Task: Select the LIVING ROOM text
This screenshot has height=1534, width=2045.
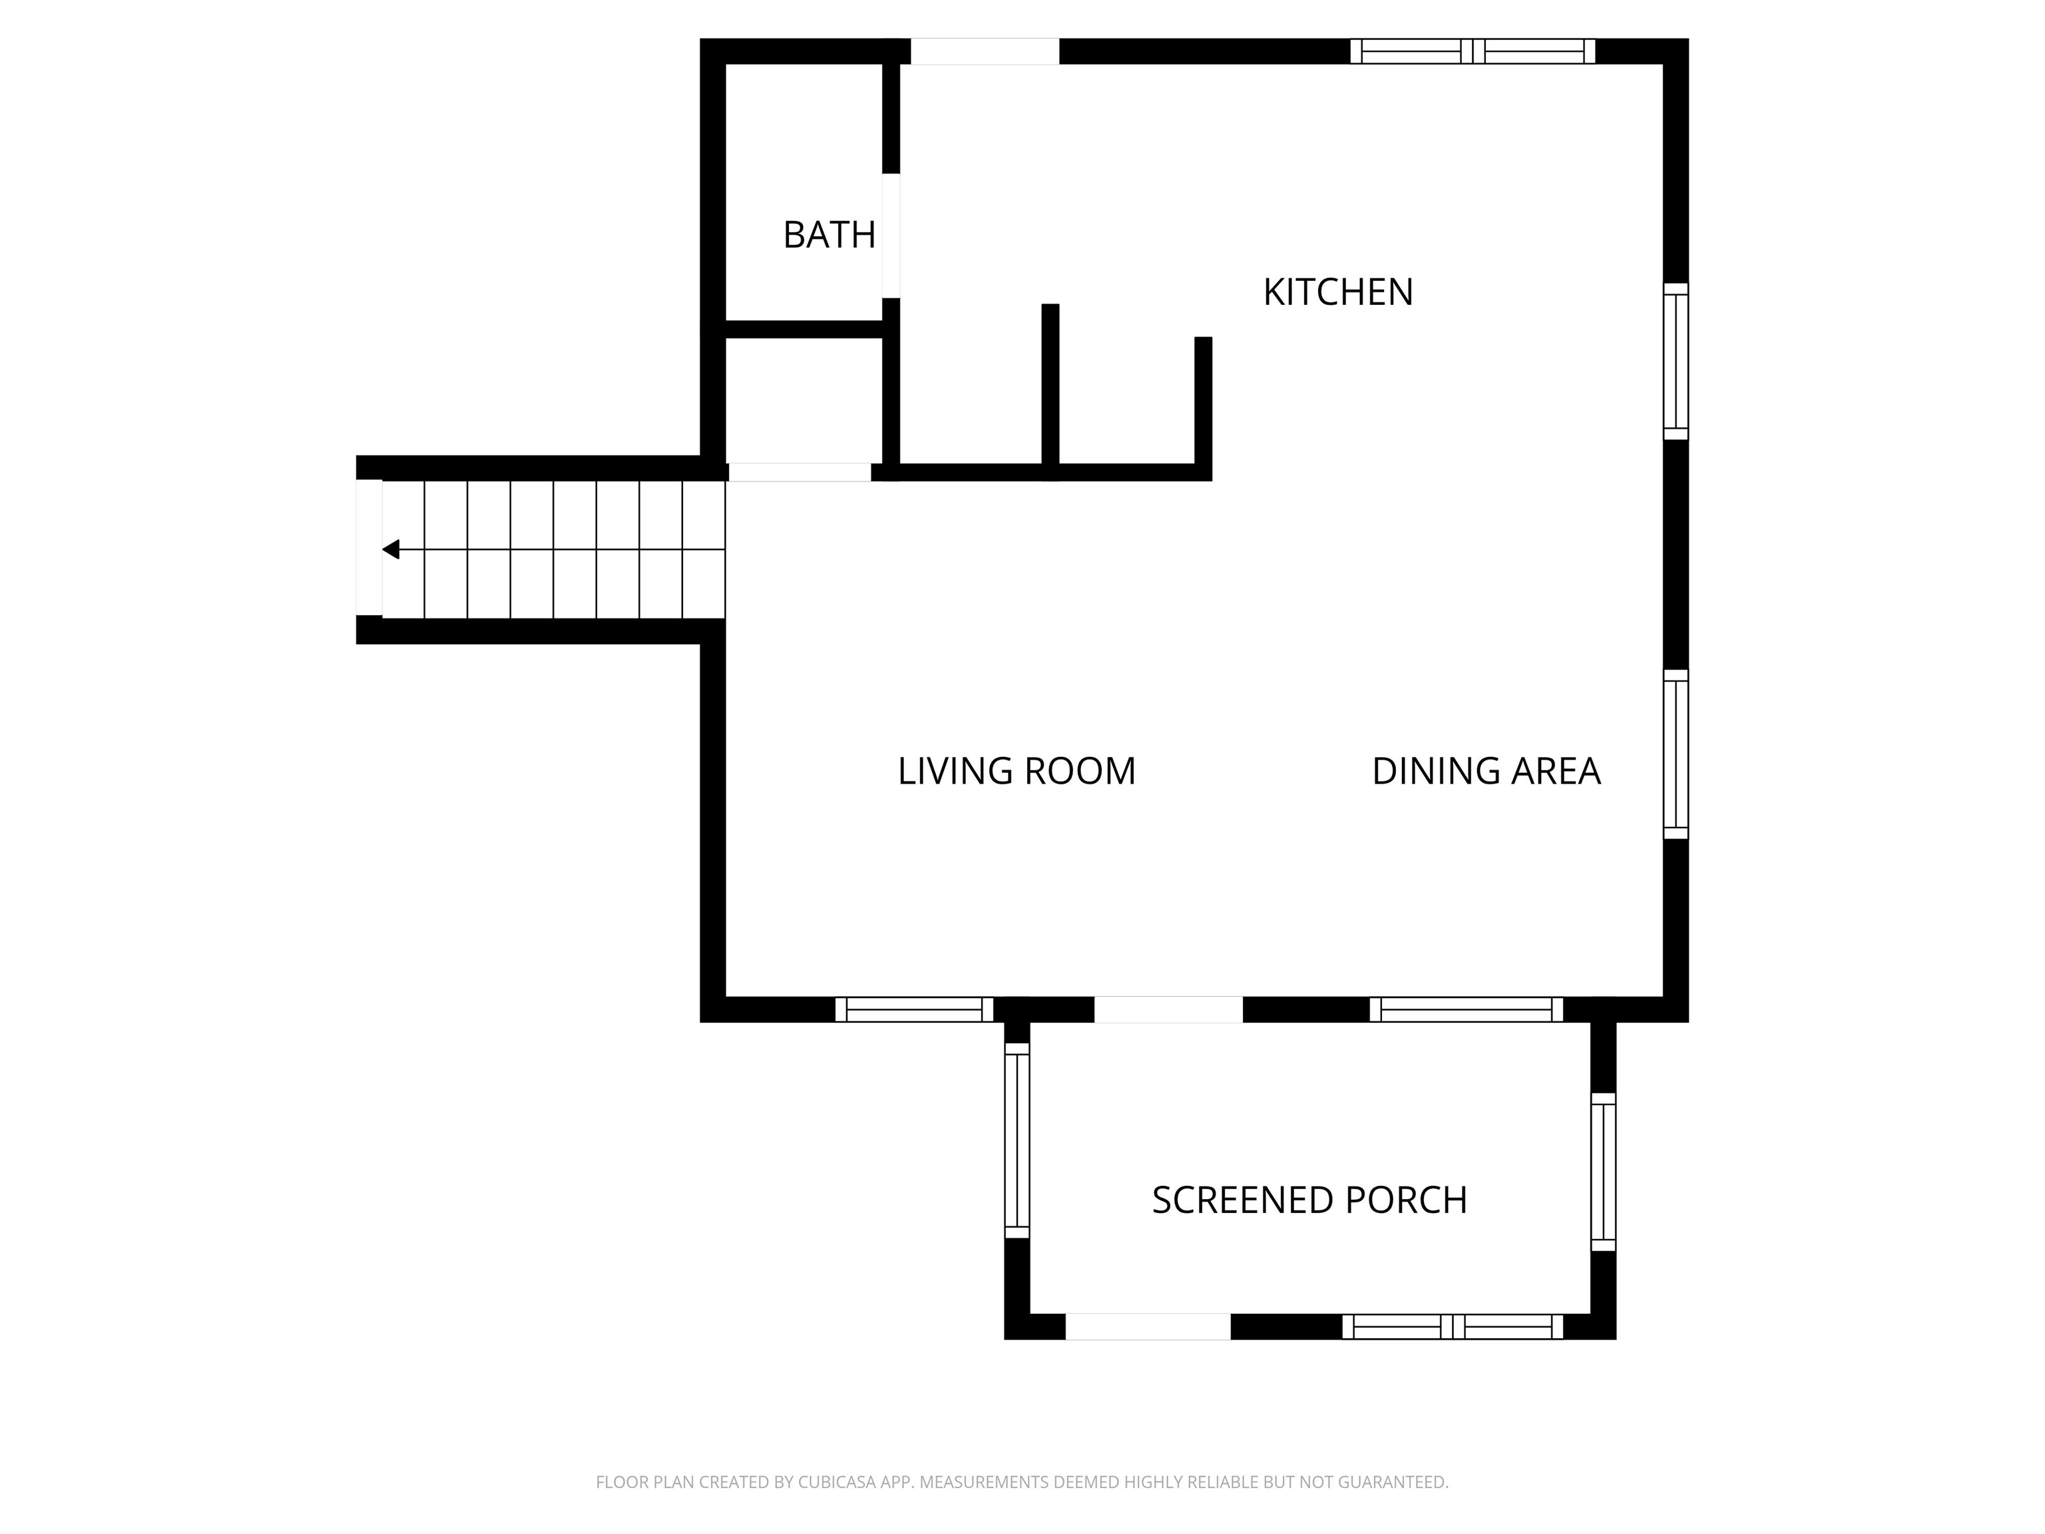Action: pyautogui.click(x=1016, y=771)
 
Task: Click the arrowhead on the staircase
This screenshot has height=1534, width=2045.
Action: pyautogui.click(x=391, y=549)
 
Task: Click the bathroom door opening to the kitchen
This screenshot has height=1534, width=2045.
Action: pyautogui.click(x=890, y=236)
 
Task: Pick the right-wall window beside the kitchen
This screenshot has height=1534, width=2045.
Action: pyautogui.click(x=1675, y=362)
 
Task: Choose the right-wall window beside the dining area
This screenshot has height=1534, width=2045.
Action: pyautogui.click(x=1675, y=754)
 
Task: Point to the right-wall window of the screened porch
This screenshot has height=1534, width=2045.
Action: pyautogui.click(x=1602, y=1172)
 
